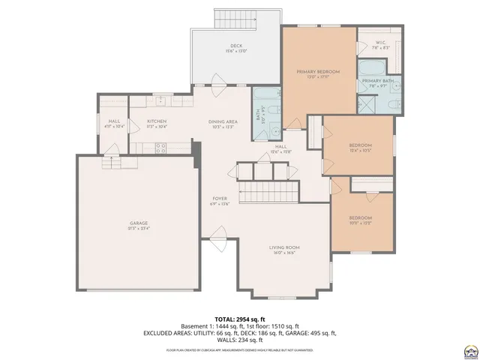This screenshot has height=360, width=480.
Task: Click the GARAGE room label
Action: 139,223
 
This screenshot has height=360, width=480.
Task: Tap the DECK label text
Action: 236,47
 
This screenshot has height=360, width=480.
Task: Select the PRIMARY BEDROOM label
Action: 318,71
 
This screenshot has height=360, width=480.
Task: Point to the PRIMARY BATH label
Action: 377,80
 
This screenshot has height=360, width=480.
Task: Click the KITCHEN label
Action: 156,121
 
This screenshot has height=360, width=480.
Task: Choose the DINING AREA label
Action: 223,121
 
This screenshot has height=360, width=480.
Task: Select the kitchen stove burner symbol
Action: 160,149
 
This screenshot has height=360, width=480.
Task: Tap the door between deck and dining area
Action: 217,82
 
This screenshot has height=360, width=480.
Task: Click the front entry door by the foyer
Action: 218,239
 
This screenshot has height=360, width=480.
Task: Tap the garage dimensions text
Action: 139,228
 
